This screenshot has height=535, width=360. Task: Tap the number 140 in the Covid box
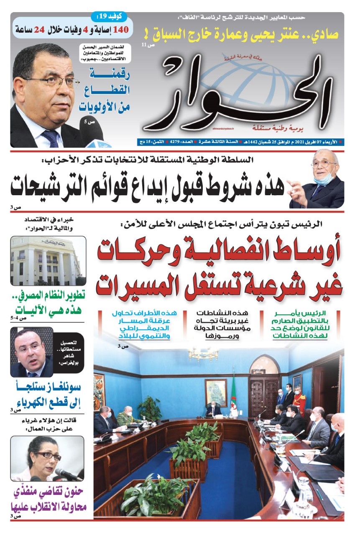124,30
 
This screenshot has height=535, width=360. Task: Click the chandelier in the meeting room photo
203,354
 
